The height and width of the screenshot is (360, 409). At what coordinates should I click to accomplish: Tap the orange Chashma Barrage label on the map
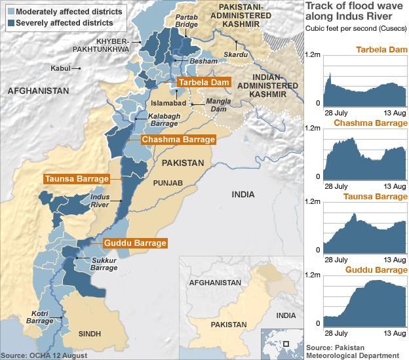179,140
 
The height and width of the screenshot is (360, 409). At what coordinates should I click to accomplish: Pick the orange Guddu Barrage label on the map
134,243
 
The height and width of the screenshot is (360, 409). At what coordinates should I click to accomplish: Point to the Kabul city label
62,68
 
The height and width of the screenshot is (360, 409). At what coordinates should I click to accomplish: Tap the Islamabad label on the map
169,104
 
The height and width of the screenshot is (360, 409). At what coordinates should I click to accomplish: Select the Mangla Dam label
218,106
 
